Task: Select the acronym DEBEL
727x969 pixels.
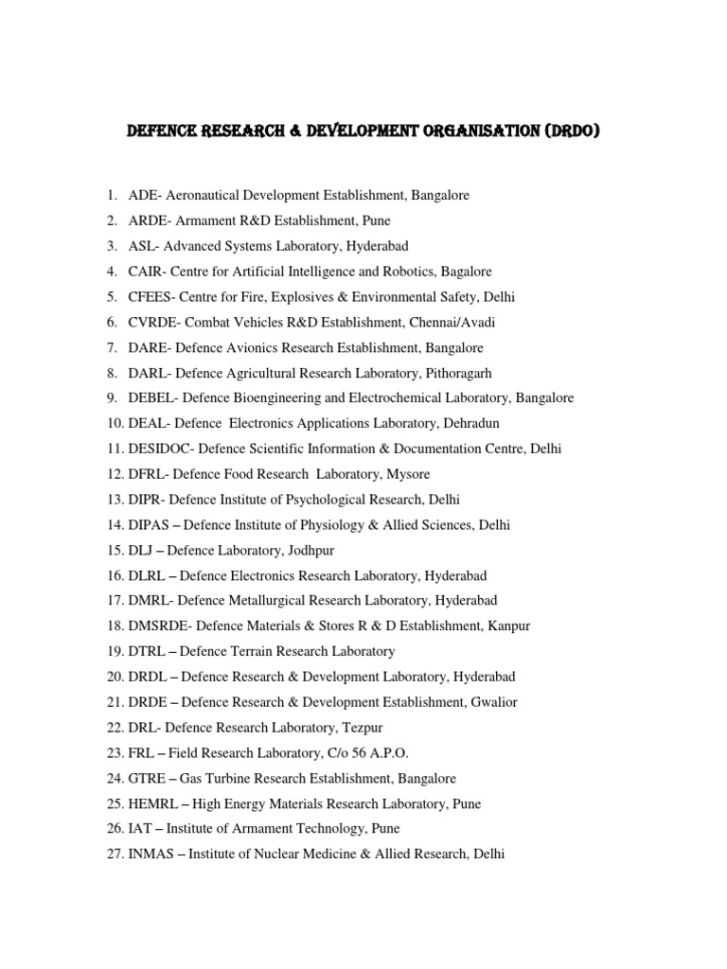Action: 151,398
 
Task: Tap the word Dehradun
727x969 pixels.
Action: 466,424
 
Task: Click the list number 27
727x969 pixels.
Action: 115,854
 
